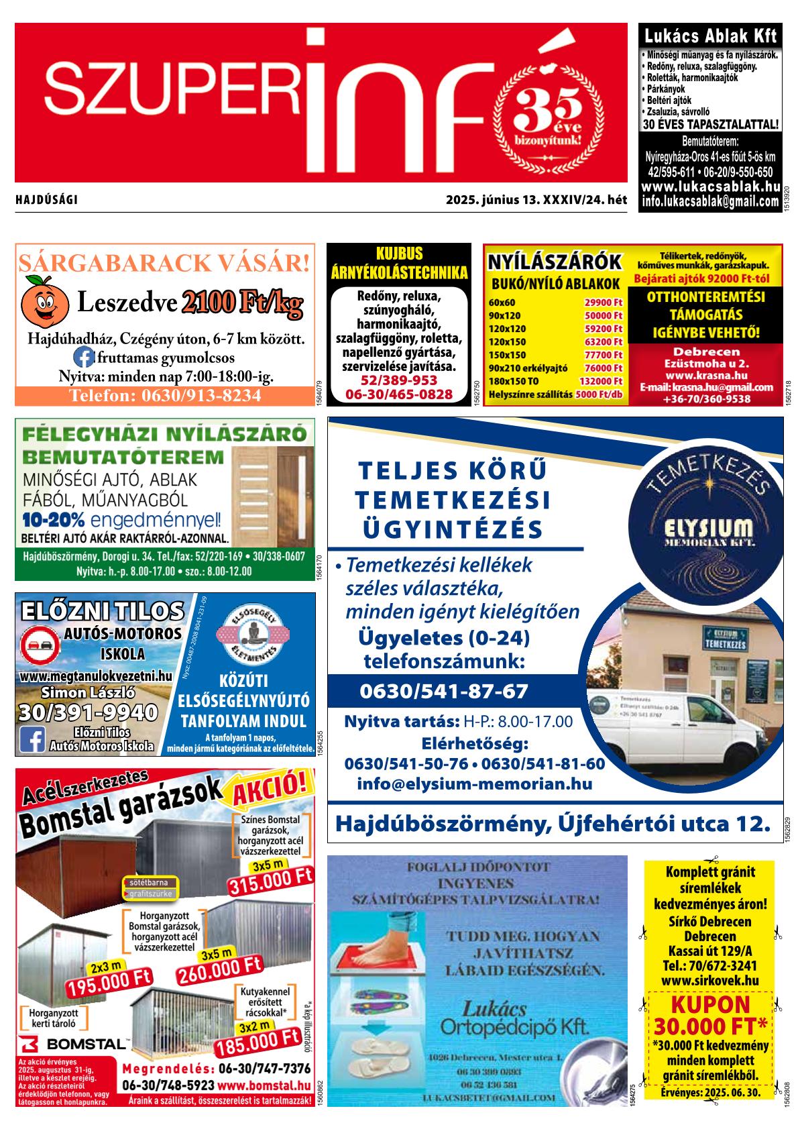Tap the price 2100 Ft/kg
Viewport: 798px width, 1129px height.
(241, 304)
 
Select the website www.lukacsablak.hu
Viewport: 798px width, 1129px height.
(710, 188)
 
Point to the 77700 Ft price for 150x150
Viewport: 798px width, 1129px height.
(604, 355)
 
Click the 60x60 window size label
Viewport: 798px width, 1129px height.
(502, 303)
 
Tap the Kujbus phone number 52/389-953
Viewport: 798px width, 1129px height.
(398, 380)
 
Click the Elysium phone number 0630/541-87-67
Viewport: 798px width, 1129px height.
(444, 691)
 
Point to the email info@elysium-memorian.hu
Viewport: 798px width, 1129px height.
(475, 784)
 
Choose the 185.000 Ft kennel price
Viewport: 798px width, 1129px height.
(256, 1043)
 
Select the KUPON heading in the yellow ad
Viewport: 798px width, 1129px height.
(709, 1005)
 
